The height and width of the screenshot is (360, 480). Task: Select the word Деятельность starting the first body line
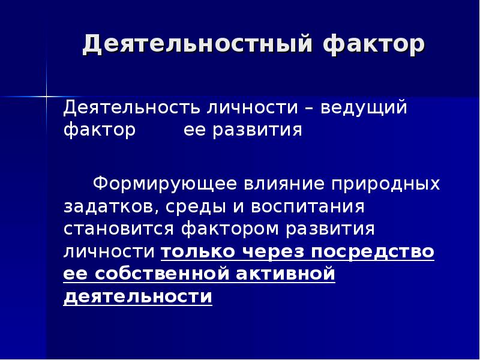point(131,108)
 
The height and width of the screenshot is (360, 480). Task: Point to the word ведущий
point(364,108)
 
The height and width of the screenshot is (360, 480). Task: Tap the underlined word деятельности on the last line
point(138,297)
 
